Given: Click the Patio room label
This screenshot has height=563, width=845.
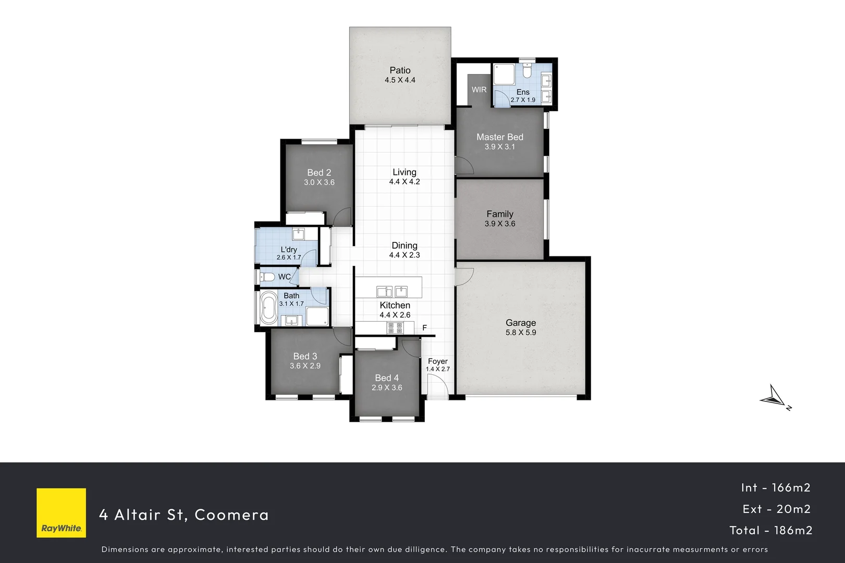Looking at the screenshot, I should click(x=400, y=70).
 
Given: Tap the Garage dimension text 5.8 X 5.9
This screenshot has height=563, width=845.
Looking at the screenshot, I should click(x=520, y=333).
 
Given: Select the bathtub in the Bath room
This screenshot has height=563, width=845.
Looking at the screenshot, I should click(x=269, y=308).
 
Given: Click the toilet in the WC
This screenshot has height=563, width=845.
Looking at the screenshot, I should click(x=268, y=277).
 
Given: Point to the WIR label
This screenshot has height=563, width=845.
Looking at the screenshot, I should click(x=479, y=90).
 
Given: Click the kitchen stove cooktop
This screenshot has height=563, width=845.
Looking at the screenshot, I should click(x=395, y=328).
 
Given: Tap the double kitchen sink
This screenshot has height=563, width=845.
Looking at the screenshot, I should click(x=392, y=291).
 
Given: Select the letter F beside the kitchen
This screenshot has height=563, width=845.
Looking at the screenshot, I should click(x=425, y=328).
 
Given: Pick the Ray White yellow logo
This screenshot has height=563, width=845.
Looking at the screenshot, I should click(x=61, y=513).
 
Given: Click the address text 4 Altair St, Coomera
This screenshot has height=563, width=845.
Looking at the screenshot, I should click(x=184, y=515).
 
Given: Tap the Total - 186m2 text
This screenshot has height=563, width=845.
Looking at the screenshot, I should click(x=770, y=530).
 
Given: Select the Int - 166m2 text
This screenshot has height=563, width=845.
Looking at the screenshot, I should click(x=776, y=487).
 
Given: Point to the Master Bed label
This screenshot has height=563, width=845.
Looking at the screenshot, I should click(x=499, y=137).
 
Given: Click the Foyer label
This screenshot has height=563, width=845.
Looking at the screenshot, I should click(x=437, y=361).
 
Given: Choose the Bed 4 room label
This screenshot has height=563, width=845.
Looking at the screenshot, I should click(x=387, y=378).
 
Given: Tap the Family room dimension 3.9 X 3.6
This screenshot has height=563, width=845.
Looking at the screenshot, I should click(x=499, y=224).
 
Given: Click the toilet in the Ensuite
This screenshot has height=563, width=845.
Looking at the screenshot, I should click(x=526, y=71).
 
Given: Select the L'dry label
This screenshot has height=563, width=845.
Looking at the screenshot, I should click(x=289, y=250).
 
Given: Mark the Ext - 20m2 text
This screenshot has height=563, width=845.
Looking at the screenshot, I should click(x=776, y=509).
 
